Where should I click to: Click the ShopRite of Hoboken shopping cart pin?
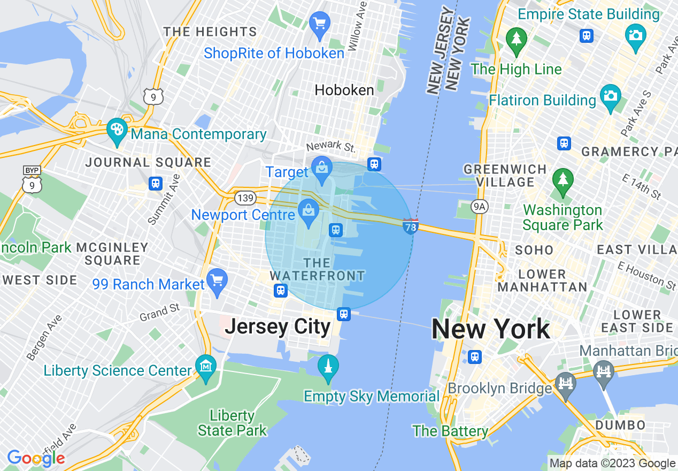click(320, 24)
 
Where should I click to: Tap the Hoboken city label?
click(344, 90)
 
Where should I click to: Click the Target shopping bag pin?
click(322, 168)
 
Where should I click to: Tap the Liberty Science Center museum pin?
click(206, 367)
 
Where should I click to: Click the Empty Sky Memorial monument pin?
click(328, 367)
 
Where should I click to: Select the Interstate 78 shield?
click(410, 226)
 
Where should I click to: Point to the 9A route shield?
click(480, 207)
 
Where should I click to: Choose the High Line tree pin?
click(517, 40)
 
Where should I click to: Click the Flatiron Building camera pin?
click(610, 96)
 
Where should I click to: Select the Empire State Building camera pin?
click(635, 36)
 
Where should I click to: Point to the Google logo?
click(36, 458)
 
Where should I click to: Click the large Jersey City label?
click(278, 326)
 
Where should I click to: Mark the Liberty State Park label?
click(232, 423)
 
